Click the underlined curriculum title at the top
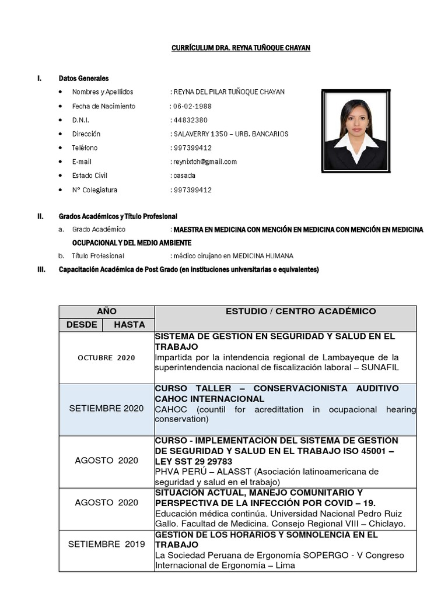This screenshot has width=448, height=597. pos(240,48)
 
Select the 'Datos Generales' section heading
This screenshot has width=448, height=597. pos(83,78)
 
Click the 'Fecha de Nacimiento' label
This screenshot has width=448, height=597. pos(103,106)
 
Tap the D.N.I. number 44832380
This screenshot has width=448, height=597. pos(190,120)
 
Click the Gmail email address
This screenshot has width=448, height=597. pos(205,161)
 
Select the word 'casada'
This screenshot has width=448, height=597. pos(184,175)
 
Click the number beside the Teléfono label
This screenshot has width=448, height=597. pos(192,148)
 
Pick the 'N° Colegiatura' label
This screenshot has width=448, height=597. pos(94,190)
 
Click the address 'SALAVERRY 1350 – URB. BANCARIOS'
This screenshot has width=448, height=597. pos(230,134)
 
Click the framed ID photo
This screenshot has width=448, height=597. pos(355,130)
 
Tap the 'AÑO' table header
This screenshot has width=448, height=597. pos(107,312)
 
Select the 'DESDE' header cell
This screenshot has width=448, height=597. pos(81,325)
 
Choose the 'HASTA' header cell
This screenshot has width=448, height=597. pos(129,325)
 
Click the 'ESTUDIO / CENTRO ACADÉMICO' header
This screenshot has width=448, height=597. pos(300,312)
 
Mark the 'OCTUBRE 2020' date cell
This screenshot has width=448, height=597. pos(106,358)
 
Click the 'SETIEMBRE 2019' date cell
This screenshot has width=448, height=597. pos(106,544)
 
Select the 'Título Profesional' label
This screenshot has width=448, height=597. pos(98,256)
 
